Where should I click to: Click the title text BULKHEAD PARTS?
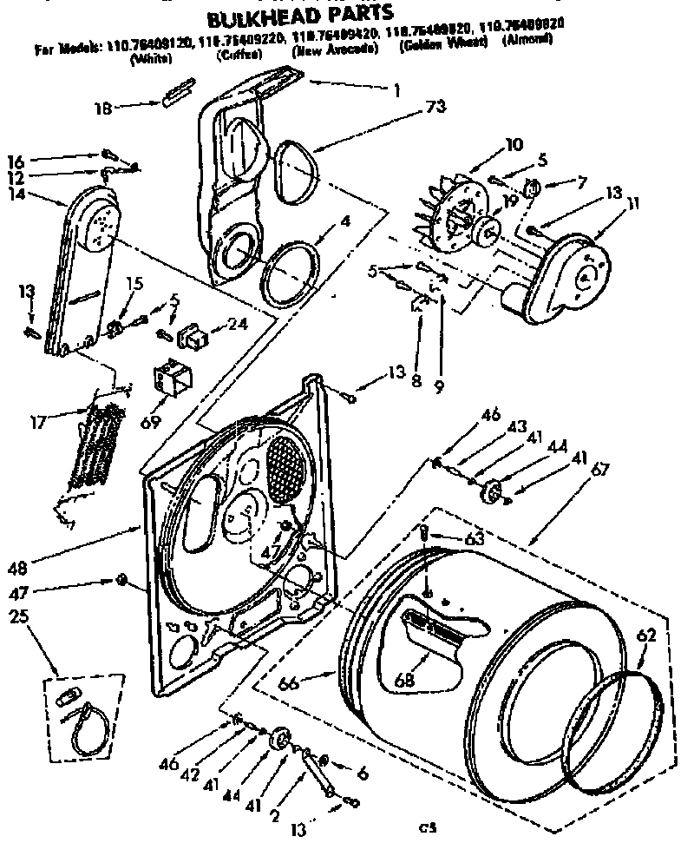pos(300,15)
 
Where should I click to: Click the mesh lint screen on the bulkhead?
pos(287,467)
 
